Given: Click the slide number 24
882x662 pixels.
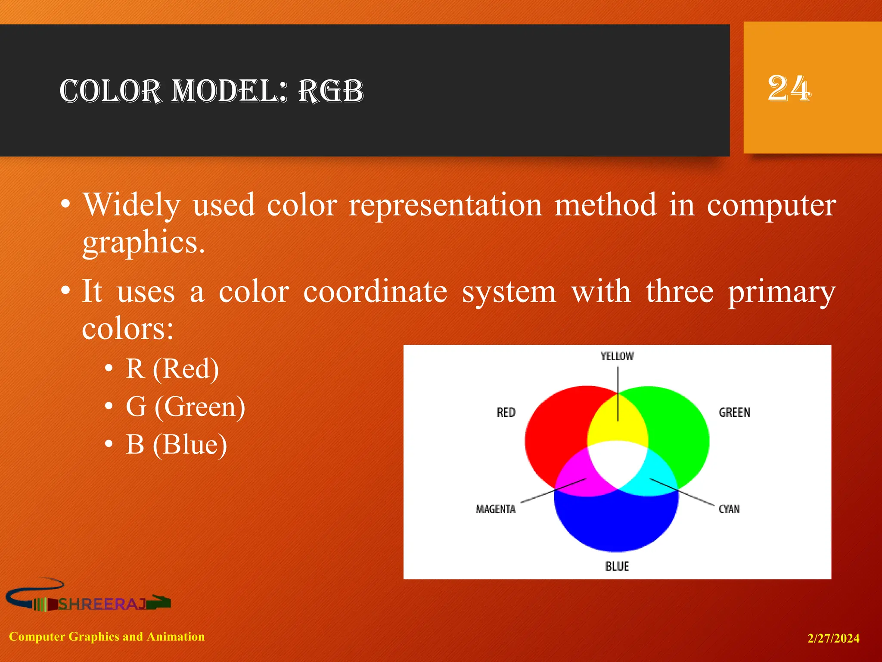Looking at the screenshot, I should (x=789, y=89).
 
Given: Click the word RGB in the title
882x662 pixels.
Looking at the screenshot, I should (x=331, y=91).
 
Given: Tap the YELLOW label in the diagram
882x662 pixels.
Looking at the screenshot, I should (x=617, y=356).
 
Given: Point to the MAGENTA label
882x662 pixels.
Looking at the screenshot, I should (x=495, y=509).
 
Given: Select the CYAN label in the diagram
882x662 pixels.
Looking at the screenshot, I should (x=729, y=509).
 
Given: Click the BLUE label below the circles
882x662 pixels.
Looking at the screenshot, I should (x=617, y=566).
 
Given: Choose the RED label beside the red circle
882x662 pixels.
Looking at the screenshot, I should (x=506, y=412).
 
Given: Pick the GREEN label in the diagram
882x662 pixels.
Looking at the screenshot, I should (x=734, y=412).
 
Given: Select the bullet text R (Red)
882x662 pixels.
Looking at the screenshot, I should (x=172, y=369).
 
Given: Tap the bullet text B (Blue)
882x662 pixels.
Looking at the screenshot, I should (x=176, y=444).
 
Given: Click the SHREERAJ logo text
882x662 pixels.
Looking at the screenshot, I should (x=102, y=604).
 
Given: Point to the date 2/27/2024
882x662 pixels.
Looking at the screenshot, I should (x=833, y=638).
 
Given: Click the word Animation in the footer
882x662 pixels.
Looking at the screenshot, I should (x=175, y=637).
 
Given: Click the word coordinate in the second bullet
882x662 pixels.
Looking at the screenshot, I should (x=375, y=292).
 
